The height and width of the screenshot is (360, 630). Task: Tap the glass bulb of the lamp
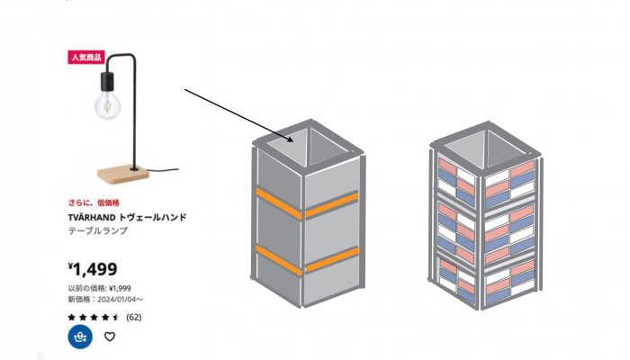pyautogui.click(x=107, y=106)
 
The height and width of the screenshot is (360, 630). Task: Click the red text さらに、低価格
pyautogui.click(x=94, y=202)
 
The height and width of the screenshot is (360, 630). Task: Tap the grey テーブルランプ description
pyautogui.click(x=98, y=231)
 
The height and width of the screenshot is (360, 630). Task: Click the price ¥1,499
pyautogui.click(x=94, y=268)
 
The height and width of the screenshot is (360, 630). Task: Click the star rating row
pyautogui.click(x=94, y=317)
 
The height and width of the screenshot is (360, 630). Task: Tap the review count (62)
pyautogui.click(x=133, y=317)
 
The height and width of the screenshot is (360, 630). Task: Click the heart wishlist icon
pyautogui.click(x=110, y=337)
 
